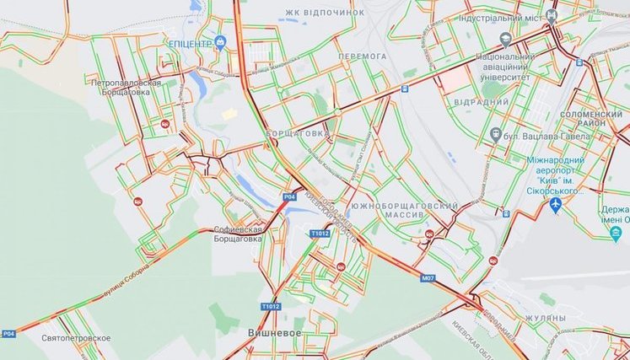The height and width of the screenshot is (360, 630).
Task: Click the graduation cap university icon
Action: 504,39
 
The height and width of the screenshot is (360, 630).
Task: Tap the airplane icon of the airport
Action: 555,204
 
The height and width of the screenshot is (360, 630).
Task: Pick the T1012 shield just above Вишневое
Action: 270,306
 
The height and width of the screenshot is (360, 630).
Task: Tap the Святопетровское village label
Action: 76,338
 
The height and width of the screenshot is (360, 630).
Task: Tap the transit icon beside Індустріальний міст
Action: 552,14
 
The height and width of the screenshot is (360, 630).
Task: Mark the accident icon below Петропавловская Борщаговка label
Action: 164,123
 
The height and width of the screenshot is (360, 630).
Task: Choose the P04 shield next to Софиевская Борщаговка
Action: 289,196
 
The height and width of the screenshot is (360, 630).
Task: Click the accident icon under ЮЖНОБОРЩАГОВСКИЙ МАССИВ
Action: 430,235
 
